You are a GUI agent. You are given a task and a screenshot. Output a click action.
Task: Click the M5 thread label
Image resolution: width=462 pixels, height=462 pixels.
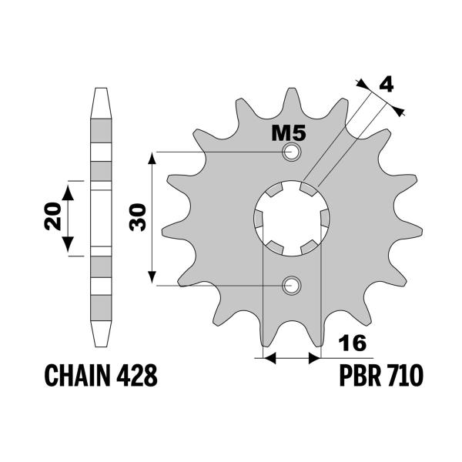[290, 133]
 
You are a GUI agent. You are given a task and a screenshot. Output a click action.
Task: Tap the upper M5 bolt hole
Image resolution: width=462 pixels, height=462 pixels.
[291, 152]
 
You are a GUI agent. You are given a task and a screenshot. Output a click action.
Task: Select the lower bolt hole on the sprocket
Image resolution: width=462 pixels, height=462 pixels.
[291, 286]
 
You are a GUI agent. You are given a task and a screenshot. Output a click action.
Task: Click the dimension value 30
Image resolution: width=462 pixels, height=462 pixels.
[139, 218]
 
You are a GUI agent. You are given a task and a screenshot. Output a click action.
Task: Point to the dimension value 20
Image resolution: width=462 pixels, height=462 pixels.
[52, 218]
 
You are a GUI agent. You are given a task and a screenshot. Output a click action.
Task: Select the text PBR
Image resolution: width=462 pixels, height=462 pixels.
[360, 377]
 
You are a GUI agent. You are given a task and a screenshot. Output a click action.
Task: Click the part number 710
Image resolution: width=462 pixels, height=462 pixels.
[403, 377]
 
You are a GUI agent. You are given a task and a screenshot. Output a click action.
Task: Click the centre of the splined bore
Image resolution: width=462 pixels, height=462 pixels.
[292, 219]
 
